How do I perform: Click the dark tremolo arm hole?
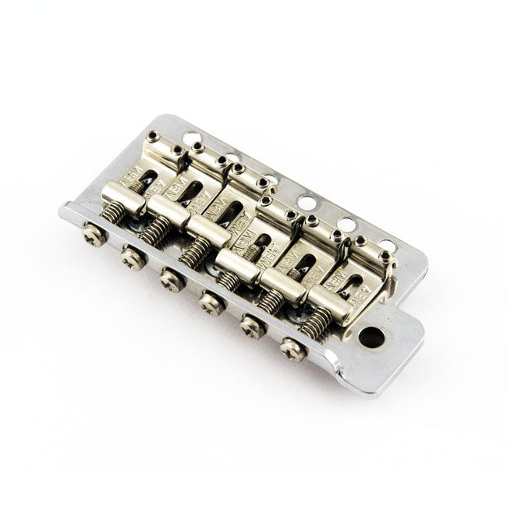click(x=371, y=337)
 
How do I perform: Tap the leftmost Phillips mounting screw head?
click(x=94, y=236)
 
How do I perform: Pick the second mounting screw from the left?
click(x=133, y=258)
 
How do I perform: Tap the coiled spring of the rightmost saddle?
click(x=316, y=322)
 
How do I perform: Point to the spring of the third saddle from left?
click(x=195, y=250)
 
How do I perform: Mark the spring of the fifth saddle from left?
click(x=272, y=300)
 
